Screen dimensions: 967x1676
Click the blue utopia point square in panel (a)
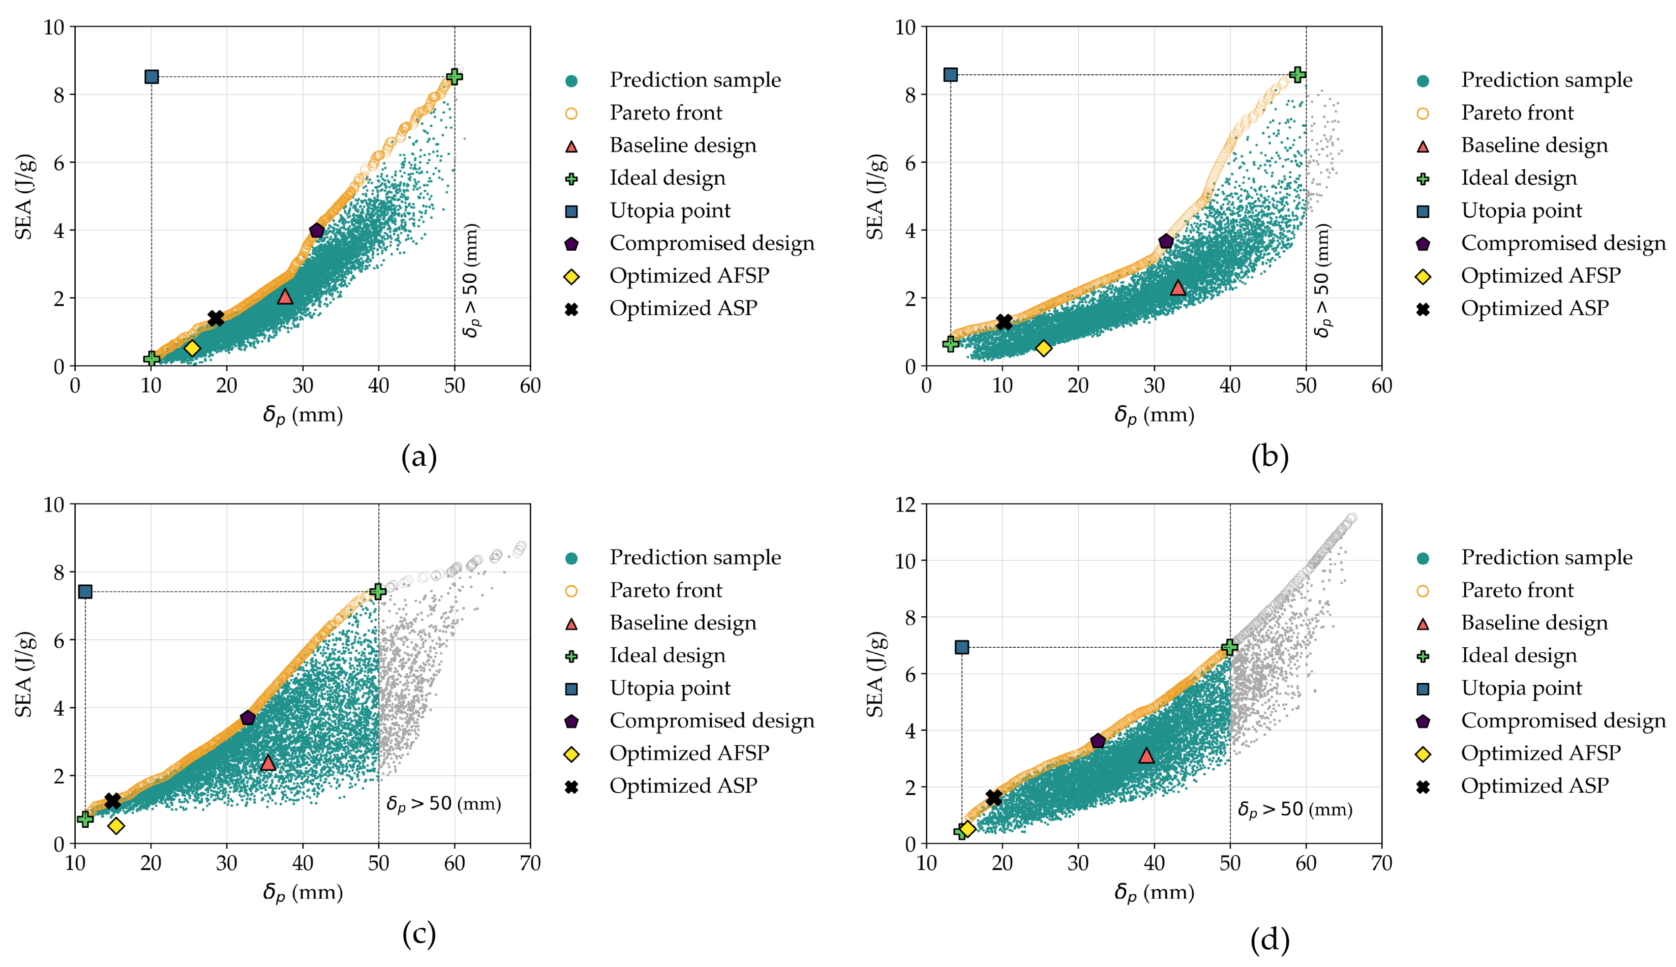click(151, 76)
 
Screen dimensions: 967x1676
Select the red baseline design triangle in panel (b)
click(1178, 287)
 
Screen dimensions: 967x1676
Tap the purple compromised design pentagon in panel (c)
click(248, 717)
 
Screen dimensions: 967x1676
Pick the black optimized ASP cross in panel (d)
click(994, 797)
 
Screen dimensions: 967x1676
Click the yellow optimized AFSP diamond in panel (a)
click(192, 348)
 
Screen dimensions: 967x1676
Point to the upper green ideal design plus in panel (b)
click(1297, 74)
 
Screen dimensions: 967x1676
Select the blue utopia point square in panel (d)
click(961, 647)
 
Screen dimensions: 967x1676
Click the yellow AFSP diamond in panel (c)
click(116, 826)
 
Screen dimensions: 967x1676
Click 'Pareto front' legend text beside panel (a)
click(666, 113)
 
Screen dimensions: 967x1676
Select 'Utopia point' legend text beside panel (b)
click(1521, 211)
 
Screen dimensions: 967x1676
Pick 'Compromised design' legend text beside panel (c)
click(711, 721)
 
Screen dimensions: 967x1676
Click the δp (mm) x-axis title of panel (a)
click(303, 416)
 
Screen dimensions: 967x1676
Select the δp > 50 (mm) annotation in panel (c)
click(443, 804)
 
